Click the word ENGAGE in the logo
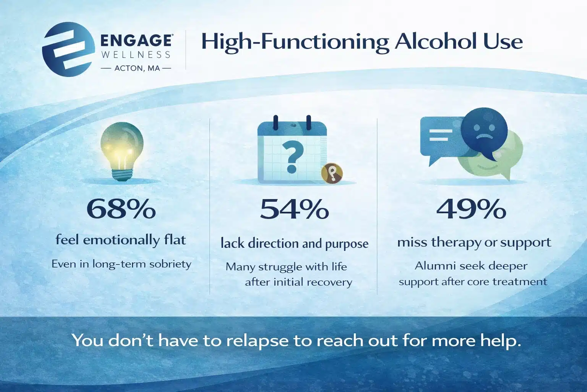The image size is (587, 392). (x=136, y=41)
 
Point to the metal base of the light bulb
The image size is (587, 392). (x=122, y=175)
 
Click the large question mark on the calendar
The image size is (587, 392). (x=292, y=155)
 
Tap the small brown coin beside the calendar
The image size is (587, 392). (x=332, y=173)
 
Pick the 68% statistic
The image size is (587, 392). (x=121, y=209)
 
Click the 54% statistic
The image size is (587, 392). (x=294, y=209)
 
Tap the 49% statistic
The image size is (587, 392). (x=471, y=209)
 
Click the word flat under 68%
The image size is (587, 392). (x=175, y=240)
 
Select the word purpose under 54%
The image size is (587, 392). (x=347, y=244)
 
